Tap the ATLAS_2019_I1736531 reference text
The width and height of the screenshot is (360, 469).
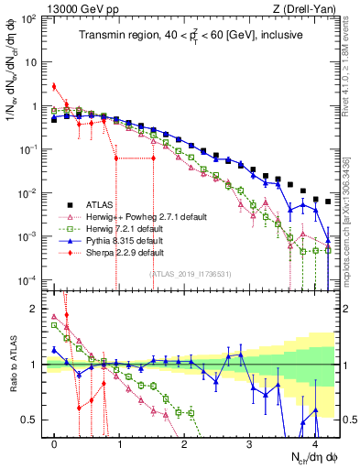pos(190,273)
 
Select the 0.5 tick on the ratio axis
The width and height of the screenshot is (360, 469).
pos(32,420)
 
